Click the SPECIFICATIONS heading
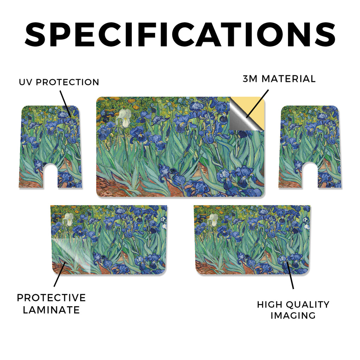180,35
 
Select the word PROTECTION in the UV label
67,82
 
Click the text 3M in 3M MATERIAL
250,79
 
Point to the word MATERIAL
289,79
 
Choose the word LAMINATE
51,310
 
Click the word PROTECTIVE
51,298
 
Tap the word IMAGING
293,315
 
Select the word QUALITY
308,305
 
